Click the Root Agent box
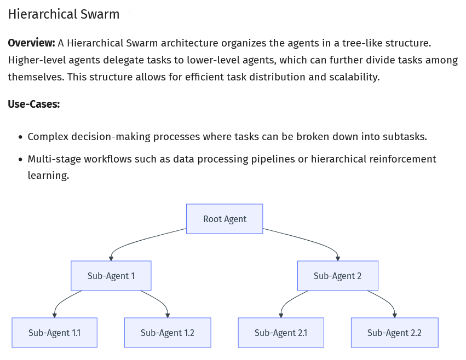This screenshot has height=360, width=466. [225, 219]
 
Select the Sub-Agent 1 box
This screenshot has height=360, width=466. [111, 276]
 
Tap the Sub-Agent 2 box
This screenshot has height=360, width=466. [337, 276]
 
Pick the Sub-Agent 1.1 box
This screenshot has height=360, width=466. [54, 333]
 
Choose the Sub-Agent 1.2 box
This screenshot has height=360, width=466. [167, 333]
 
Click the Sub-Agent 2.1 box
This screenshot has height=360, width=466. [280, 333]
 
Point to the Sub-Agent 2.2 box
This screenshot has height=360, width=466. [394, 333]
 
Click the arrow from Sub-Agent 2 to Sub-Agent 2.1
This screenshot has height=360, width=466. [289, 300]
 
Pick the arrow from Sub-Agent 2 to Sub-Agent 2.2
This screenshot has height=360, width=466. [387, 301]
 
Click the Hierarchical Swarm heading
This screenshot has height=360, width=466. [64, 15]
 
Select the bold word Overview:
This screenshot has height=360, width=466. [31, 43]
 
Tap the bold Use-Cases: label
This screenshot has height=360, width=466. [33, 104]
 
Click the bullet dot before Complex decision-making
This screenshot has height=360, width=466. [20, 137]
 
